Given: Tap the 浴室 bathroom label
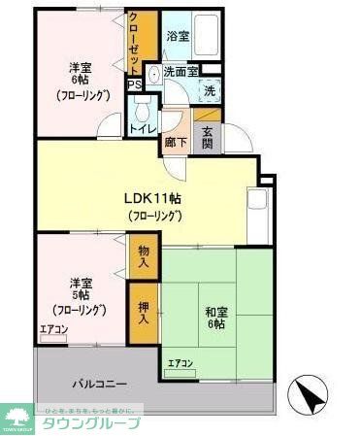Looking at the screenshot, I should (177, 35).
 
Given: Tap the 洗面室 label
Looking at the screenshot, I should (180, 71).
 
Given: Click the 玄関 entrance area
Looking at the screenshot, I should (208, 138).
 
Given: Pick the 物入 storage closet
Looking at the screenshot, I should (144, 255).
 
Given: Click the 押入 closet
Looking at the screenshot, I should (144, 312).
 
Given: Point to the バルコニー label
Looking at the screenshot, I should (96, 385).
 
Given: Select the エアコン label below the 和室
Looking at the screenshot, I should (180, 363).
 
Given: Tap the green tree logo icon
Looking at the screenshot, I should (17, 415).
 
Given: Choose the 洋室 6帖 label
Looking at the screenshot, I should (80, 82).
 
